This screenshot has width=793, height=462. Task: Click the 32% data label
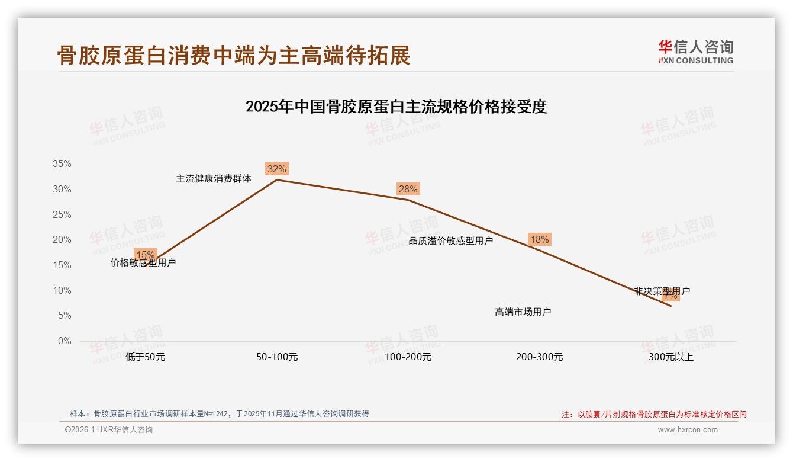[x=276, y=169]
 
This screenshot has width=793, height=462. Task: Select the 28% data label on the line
[x=408, y=190]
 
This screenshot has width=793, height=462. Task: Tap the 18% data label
[x=539, y=240]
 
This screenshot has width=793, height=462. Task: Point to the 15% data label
[x=146, y=255]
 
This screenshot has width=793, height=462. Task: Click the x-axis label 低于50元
[x=146, y=357]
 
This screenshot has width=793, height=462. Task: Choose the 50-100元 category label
[x=277, y=357]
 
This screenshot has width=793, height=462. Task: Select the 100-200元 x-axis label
[x=408, y=357]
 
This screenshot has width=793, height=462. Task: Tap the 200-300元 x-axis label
[x=539, y=357]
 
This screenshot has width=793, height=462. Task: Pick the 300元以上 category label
[x=670, y=357]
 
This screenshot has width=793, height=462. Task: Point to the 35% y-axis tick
[x=62, y=164]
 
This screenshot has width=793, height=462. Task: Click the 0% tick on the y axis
[x=64, y=341]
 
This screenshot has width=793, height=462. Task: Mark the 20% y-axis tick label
[x=62, y=240]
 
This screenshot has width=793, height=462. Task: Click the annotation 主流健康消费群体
[x=214, y=178]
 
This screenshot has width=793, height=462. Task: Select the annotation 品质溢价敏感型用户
[x=451, y=241]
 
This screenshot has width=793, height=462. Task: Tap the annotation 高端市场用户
[x=523, y=312]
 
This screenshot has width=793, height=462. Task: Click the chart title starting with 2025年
[x=396, y=107]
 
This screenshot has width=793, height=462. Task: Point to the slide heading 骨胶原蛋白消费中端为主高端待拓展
[x=234, y=55]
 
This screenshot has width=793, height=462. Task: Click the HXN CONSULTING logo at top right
[x=695, y=52]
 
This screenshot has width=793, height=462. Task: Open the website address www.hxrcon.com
[x=688, y=430]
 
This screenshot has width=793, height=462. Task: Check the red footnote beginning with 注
[x=654, y=415]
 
